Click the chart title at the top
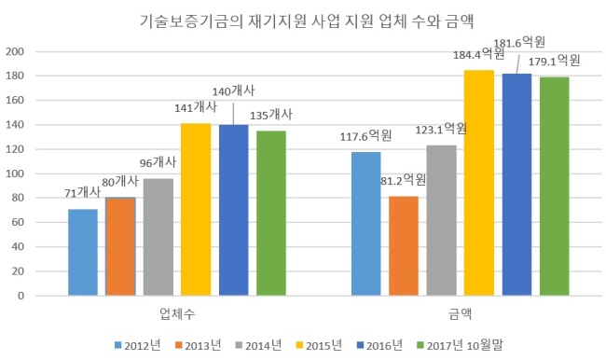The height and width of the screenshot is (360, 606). click(x=306, y=21)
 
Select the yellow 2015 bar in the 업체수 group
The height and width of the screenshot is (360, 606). click(x=196, y=210)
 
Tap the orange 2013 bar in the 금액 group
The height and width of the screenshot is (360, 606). click(x=404, y=246)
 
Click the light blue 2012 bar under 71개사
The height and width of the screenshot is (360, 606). click(x=83, y=253)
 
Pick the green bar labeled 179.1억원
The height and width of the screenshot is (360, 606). click(x=554, y=187)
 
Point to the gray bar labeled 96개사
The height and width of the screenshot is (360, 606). click(x=158, y=237)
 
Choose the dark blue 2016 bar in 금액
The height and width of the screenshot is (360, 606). click(x=516, y=185)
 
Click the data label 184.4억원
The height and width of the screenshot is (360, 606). click(x=479, y=54)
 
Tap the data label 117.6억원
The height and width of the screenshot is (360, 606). click(x=365, y=136)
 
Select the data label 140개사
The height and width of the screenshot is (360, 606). click(x=233, y=91)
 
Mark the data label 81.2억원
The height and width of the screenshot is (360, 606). click(x=403, y=180)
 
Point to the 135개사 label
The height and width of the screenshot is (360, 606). click(x=271, y=115)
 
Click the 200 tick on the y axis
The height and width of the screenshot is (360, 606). click(x=15, y=51)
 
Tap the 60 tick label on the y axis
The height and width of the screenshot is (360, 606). click(x=18, y=222)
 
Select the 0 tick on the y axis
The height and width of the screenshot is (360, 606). click(x=21, y=296)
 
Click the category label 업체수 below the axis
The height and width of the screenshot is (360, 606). click(x=177, y=313)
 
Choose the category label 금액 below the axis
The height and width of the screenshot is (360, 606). click(x=460, y=313)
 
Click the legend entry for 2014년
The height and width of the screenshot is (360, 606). click(x=258, y=345)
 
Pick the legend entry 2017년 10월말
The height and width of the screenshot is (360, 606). click(x=460, y=345)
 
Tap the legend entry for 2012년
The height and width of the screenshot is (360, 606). click(x=137, y=345)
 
